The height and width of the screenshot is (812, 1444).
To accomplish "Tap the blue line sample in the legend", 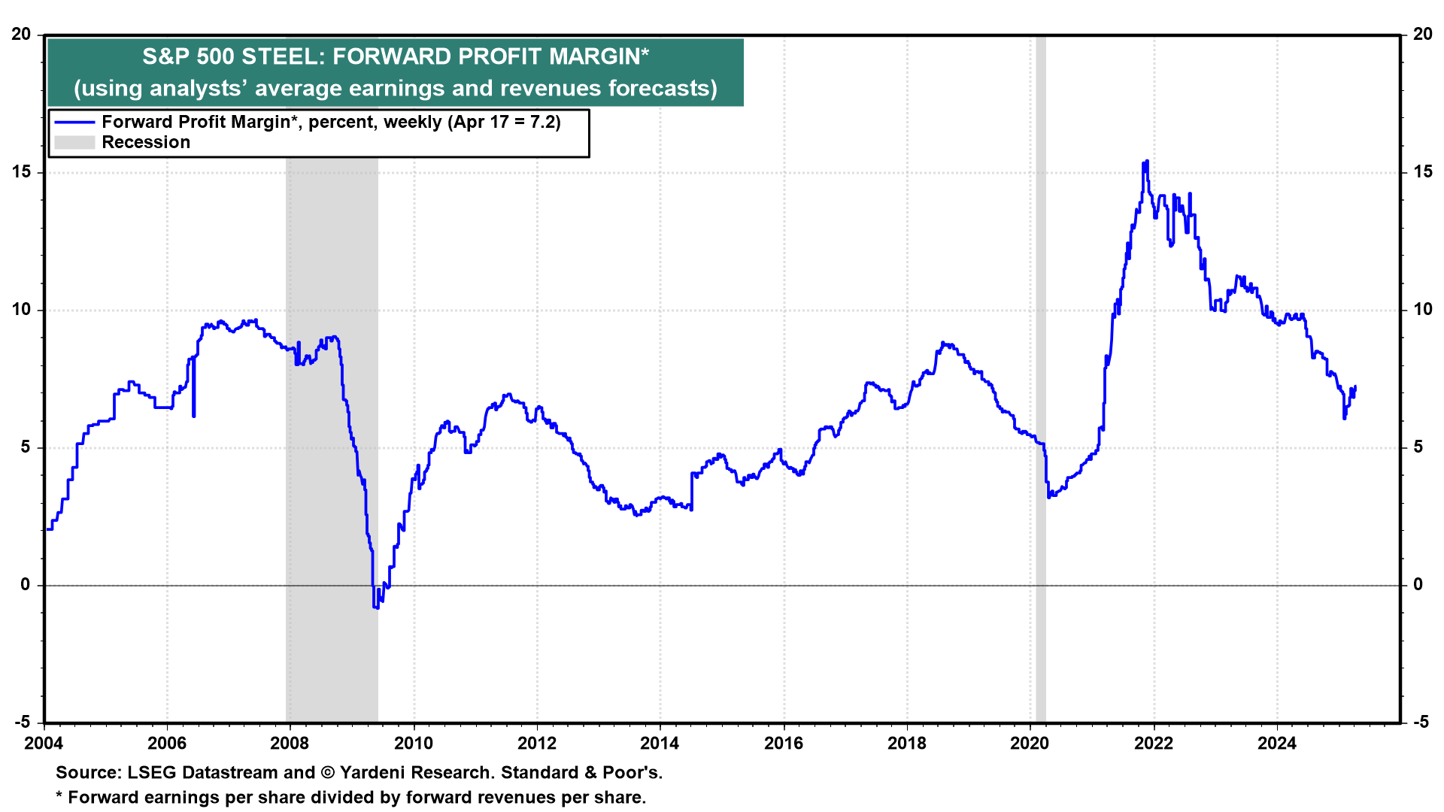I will (x=74, y=123).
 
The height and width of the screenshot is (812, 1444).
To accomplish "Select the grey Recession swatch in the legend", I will (x=74, y=143).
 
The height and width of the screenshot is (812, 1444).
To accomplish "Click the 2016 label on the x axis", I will (x=784, y=744).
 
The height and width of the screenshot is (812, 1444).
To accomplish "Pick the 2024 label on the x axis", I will (x=1277, y=744).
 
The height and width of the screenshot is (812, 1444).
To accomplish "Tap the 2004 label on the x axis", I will (x=44, y=744).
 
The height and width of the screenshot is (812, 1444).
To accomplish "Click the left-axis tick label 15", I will (x=22, y=172).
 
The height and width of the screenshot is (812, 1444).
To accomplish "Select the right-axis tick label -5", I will (x=1421, y=723).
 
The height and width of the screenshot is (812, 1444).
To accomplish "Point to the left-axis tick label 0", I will (x=26, y=585).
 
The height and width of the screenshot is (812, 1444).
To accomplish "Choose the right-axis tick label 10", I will (x=1423, y=310).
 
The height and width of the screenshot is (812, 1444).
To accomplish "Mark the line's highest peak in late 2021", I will (x=1146, y=162).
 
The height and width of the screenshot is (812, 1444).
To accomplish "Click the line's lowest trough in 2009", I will (x=375, y=606).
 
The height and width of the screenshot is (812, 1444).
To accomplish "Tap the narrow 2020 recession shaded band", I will (x=1041, y=376).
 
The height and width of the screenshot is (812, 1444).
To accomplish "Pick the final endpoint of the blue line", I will (x=1355, y=387).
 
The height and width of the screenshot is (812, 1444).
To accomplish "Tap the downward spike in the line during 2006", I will (x=194, y=415).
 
